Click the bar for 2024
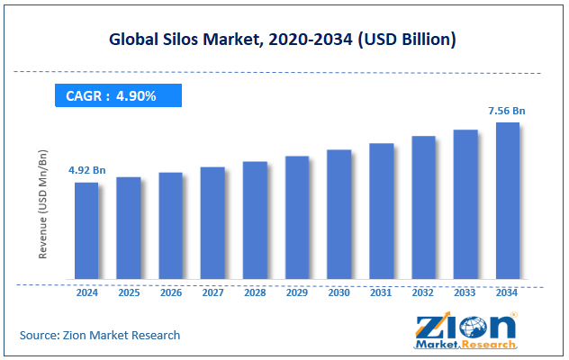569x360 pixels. point(86,230)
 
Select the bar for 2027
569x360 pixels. point(212,222)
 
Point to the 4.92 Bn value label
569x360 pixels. point(86,169)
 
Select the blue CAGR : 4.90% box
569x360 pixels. point(118,95)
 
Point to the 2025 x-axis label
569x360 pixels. point(128,292)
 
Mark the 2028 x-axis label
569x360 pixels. point(255,292)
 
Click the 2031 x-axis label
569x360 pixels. point(381,292)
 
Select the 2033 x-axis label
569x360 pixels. point(465,292)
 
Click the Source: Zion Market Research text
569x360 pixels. point(100,335)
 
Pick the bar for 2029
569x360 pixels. point(297,217)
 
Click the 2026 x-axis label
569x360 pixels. point(170,292)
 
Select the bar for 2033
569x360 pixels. point(465,204)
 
